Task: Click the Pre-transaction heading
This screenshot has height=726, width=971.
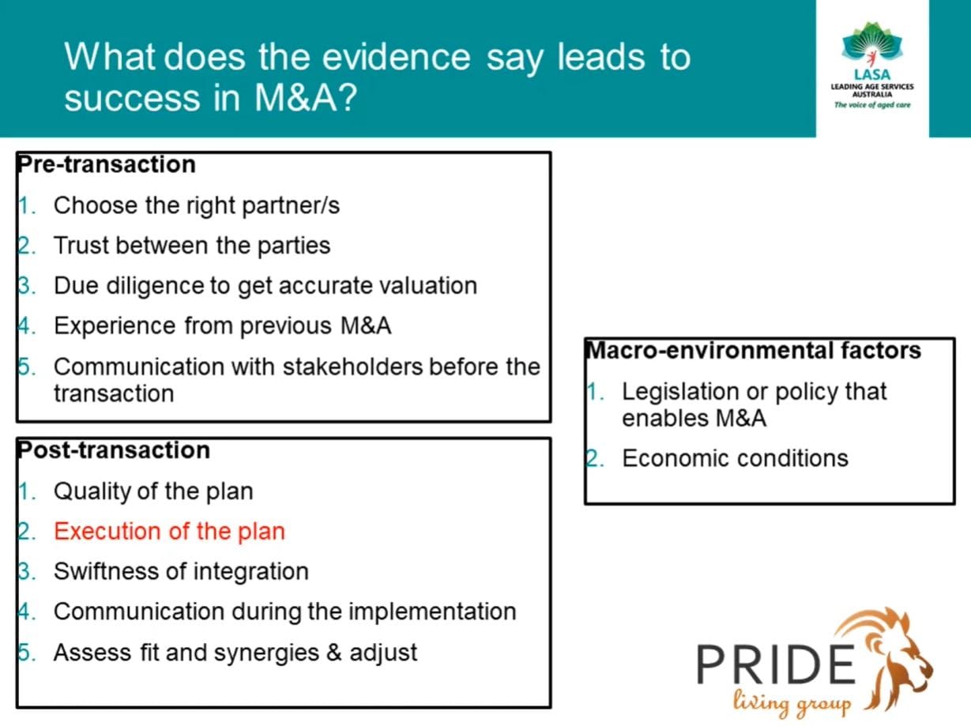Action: pyautogui.click(x=106, y=164)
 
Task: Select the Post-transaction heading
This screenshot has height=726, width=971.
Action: pyautogui.click(x=113, y=450)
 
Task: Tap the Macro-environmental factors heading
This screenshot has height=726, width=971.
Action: pyautogui.click(x=753, y=350)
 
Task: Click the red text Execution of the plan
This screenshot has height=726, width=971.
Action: pyautogui.click(x=169, y=531)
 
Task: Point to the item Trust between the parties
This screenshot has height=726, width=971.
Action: pyautogui.click(x=192, y=246)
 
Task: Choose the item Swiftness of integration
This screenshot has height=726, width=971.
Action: pyautogui.click(x=181, y=571)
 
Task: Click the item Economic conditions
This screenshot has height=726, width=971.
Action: pyautogui.click(x=735, y=458)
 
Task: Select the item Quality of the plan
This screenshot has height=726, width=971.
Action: pyautogui.click(x=153, y=491)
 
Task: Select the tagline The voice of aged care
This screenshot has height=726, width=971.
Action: pyautogui.click(x=872, y=104)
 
